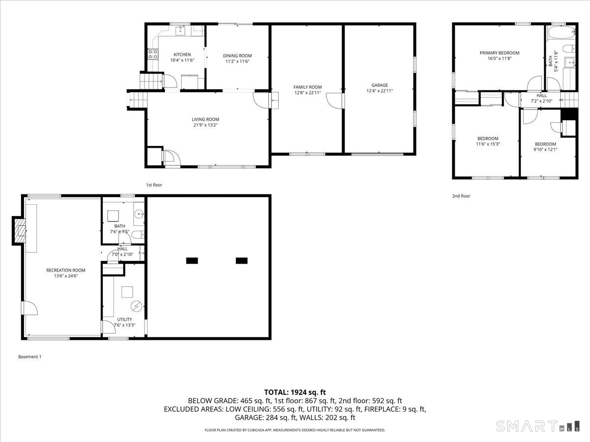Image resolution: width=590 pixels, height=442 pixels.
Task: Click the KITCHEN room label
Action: coord(182,55)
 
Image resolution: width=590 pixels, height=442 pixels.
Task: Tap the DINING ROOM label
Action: coord(237,55)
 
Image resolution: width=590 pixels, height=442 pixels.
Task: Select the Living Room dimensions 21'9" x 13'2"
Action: coord(206,125)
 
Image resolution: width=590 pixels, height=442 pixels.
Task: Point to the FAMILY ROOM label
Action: coord(307,87)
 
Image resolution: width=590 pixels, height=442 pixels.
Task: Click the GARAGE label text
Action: coord(379,85)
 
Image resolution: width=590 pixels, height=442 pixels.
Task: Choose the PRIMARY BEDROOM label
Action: coord(499,53)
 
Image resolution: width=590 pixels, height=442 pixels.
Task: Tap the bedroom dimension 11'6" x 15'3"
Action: coord(487,144)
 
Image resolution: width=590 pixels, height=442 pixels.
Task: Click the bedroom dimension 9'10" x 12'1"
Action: coord(545,150)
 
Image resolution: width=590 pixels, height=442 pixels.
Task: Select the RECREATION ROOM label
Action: coord(66,270)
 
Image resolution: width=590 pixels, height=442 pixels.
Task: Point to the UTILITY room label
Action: coord(124,319)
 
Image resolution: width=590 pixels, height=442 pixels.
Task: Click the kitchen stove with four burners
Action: coord(152,54)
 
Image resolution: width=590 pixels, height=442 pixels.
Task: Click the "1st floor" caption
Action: coord(154,185)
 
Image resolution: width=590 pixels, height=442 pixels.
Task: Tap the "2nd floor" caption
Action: coord(461,196)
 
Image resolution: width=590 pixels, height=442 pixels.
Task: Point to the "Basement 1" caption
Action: coord(29,357)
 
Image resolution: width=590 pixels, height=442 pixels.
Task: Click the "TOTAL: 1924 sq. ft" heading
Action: coord(295,392)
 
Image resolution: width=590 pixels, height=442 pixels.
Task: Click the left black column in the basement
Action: coord(192,261)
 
